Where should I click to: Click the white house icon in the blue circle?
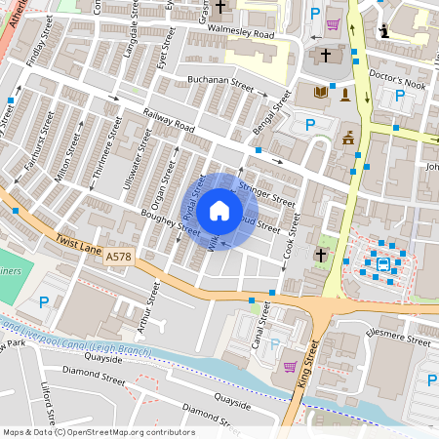pos(219,210)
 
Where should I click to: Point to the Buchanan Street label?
pos(220,84)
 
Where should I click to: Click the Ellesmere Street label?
pos(399,342)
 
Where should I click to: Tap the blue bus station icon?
pos(382,261)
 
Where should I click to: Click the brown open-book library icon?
pos(320,93)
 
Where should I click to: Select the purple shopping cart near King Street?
pos(290,367)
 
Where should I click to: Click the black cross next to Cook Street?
pos(320,256)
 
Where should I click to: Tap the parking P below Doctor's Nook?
pos(399,96)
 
